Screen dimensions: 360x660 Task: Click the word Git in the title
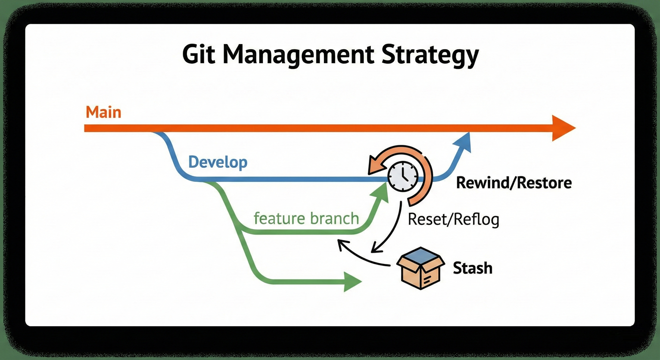(199, 55)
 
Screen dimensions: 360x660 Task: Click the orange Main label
(104, 112)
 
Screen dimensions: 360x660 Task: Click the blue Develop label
(217, 163)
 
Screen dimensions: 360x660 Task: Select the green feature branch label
(306, 218)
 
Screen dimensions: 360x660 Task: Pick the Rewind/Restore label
(514, 182)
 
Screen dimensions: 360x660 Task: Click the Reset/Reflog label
(453, 219)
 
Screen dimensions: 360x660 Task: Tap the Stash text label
(472, 268)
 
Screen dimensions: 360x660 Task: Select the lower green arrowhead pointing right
(352, 281)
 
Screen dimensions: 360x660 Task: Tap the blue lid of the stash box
(420, 256)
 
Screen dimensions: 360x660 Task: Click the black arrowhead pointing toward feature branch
(342, 244)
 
